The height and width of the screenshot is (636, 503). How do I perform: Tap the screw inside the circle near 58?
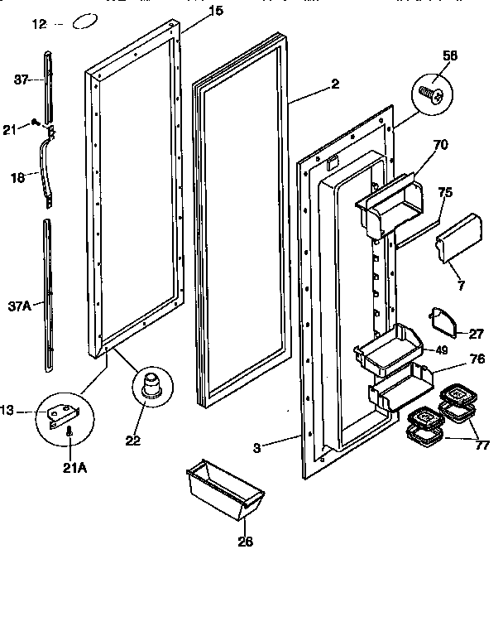pyautogui.click(x=433, y=94)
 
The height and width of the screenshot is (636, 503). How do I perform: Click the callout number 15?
pyautogui.click(x=192, y=11)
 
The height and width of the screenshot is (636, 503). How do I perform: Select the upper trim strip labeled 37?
pyautogui.click(x=48, y=83)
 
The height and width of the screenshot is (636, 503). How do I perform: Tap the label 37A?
pyautogui.click(x=20, y=306)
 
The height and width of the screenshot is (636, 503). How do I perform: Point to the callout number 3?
pyautogui.click(x=256, y=448)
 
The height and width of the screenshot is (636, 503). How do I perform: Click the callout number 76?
pyautogui.click(x=453, y=359)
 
